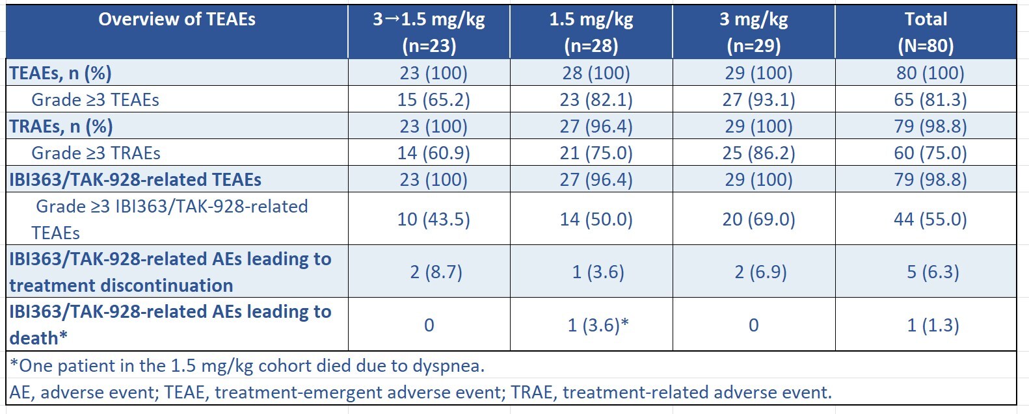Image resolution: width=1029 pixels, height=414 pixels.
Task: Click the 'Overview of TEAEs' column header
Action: coord(177,19)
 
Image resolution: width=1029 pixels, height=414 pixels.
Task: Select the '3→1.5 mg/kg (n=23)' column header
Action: coord(429,32)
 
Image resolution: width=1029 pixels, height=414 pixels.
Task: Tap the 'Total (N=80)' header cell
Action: coord(926,32)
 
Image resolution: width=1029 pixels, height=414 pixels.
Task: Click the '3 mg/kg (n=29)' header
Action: coord(754,32)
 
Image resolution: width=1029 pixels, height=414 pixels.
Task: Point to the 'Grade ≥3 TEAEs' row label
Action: coord(95,99)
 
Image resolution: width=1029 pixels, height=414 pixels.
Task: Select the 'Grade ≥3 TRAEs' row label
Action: coord(96,153)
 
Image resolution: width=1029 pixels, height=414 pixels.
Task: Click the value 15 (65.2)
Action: coord(434,99)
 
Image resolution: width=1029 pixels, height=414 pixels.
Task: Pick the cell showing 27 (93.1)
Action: coord(758,99)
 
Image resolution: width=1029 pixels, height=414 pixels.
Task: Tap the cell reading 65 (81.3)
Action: coord(930,99)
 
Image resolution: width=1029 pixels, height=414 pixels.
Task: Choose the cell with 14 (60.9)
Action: coord(434,153)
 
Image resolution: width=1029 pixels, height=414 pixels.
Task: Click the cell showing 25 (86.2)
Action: coord(758,153)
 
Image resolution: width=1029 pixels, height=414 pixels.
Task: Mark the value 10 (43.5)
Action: coord(434,219)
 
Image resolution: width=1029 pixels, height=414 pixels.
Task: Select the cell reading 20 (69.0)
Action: coord(758,219)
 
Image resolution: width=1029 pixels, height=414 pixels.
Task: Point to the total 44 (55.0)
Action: coord(930,219)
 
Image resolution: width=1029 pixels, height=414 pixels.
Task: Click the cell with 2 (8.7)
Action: coord(436,272)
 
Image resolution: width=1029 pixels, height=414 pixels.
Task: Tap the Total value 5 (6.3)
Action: coord(933,272)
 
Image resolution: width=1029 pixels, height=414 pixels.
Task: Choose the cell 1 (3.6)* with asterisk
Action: coord(598,325)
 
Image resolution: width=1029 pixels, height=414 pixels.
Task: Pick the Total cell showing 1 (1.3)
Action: coord(933,325)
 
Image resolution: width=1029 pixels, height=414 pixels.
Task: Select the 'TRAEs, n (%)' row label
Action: coord(61,126)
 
